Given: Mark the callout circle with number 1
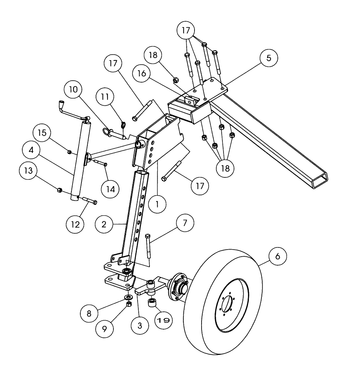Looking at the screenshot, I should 157,203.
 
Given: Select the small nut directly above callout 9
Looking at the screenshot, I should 129,304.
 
